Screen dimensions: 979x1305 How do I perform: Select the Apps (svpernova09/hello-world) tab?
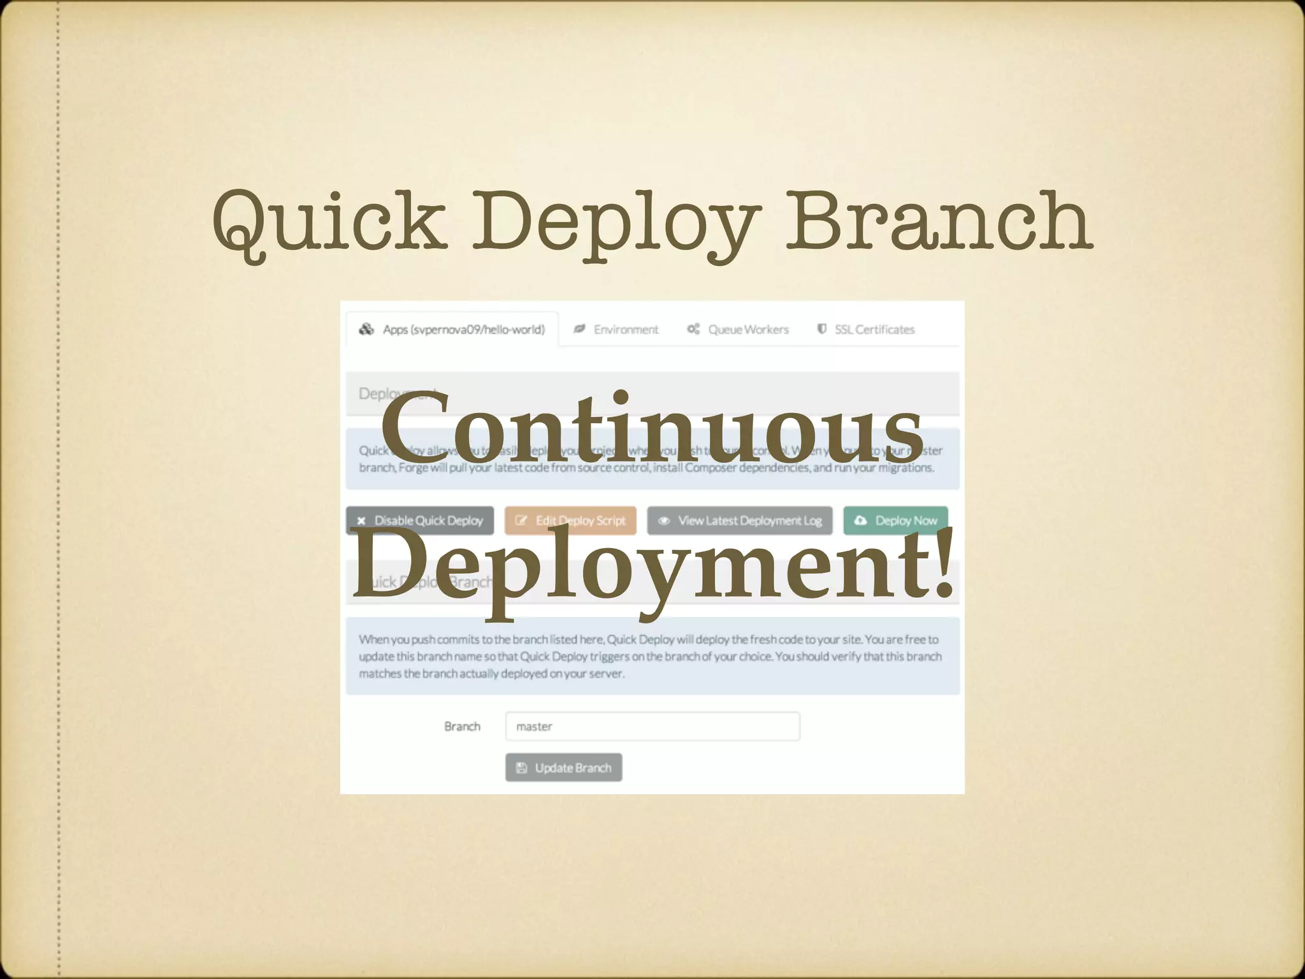click(452, 330)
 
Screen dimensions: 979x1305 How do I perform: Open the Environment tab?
click(616, 330)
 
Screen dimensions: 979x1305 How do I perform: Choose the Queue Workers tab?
click(738, 330)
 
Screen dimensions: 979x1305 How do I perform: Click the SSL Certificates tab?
click(866, 330)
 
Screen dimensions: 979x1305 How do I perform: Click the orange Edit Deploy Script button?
click(570, 521)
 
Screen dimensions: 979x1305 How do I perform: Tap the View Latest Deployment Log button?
click(740, 521)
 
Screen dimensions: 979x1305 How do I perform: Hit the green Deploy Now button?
click(895, 521)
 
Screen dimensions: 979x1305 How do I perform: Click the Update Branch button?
click(563, 767)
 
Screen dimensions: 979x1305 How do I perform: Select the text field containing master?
click(652, 727)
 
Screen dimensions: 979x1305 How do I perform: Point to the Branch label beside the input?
click(462, 727)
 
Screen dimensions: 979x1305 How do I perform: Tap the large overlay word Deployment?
click(652, 564)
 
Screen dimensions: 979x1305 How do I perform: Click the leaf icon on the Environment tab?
click(579, 329)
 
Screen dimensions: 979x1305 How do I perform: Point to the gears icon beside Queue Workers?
click(693, 329)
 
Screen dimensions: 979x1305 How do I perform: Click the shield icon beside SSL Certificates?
click(822, 329)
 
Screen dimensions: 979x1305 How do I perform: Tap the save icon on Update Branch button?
click(521, 767)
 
